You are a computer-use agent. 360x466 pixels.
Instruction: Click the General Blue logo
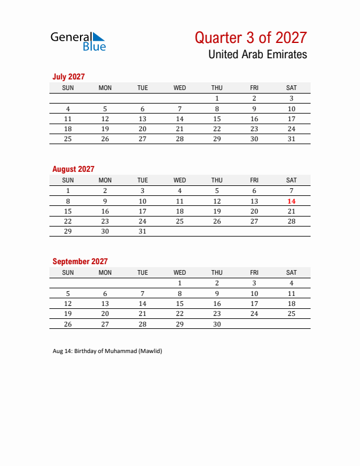[78, 41]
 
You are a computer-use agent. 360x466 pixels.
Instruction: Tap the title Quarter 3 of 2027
[251, 38]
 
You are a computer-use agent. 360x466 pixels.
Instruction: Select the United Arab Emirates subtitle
[257, 55]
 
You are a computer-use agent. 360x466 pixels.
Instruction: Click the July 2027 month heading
[69, 76]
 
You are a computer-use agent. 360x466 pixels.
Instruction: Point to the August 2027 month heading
[73, 169]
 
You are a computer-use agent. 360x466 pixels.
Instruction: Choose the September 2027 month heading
[80, 261]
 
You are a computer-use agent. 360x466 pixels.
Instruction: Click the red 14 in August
[291, 201]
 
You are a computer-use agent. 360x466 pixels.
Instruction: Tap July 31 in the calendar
[291, 139]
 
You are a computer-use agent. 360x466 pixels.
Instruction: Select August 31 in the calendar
[142, 231]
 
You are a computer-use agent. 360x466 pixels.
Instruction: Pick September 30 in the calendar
[217, 324]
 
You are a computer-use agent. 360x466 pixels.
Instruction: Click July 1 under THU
[217, 99]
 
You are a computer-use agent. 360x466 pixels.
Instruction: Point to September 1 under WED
[180, 283]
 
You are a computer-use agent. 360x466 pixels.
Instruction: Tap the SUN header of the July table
[68, 88]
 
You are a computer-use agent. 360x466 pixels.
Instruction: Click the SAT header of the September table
[291, 272]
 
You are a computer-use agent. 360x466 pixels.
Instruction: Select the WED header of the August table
[180, 180]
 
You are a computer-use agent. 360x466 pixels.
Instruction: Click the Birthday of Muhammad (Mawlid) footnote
[107, 351]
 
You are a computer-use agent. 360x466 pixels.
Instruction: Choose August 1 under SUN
[68, 191]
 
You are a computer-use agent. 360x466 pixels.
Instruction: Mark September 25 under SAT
[291, 314]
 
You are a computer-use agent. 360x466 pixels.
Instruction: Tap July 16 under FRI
[254, 119]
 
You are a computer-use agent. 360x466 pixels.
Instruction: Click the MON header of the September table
[105, 272]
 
